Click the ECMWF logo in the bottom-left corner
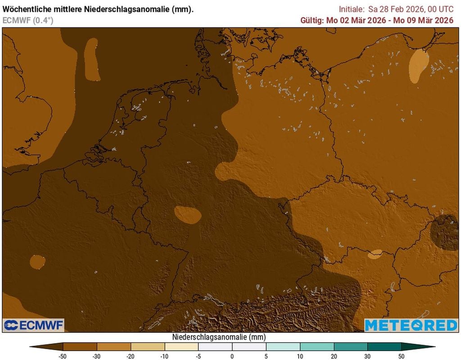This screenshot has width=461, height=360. point(34,325)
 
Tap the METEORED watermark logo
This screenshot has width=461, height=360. point(411,325)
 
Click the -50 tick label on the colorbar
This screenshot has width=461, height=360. point(63,356)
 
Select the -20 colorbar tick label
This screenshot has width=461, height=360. point(131,356)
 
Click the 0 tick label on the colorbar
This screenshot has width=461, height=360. point(232,356)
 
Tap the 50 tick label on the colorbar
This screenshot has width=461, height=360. point(401,356)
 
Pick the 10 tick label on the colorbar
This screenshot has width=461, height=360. point(300,356)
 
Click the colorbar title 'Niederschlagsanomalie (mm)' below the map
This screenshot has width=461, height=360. point(219,337)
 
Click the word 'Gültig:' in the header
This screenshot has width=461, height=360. point(312,20)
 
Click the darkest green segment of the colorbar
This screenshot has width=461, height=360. point(384,346)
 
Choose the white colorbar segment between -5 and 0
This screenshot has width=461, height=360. point(215,346)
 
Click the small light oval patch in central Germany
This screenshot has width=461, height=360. point(188,214)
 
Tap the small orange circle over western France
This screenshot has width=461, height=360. point(37,261)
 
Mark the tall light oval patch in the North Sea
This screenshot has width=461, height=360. point(91,59)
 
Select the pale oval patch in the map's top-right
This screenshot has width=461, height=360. point(418,65)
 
